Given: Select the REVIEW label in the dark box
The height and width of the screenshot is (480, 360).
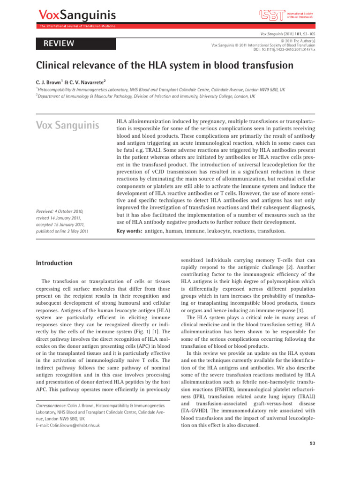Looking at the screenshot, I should tap(59, 44).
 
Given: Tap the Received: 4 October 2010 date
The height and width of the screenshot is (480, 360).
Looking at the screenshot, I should tap(62, 211).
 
